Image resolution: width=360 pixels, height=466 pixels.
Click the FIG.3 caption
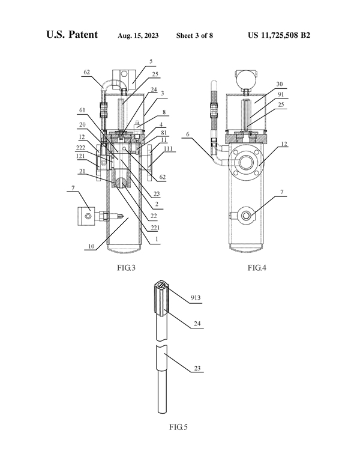126,268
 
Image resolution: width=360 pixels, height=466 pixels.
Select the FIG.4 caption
257,268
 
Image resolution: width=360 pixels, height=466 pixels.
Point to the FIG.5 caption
179,427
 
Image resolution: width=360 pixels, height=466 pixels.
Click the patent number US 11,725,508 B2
279,35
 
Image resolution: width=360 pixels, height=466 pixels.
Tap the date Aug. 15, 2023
138,35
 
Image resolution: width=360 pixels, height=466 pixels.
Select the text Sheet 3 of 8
194,35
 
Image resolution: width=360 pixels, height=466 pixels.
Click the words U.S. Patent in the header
72,34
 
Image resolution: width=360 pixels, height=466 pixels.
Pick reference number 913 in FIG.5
196,298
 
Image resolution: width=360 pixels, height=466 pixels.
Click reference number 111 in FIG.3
168,148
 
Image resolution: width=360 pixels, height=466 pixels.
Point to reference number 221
155,228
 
